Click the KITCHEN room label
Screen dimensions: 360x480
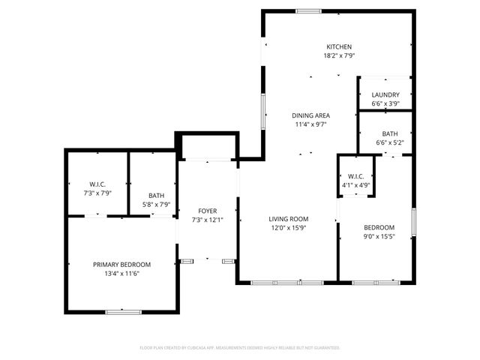coord(338,46)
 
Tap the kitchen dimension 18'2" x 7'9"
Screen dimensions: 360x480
coord(338,55)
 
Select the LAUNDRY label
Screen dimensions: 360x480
coord(385,94)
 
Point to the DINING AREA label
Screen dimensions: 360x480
coord(310,115)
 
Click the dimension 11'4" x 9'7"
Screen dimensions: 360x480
coord(310,124)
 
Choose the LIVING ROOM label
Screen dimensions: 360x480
coord(289,219)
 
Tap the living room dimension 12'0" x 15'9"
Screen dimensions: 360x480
coord(289,228)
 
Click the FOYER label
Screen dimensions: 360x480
coord(207,211)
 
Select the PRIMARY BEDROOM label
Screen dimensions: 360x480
coord(121,264)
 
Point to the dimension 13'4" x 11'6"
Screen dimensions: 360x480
coord(121,273)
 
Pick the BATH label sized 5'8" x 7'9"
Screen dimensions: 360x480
coord(156,195)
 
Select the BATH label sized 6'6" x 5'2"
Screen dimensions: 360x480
coord(389,133)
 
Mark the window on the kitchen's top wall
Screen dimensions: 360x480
coord(304,10)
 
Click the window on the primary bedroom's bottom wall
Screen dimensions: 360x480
coord(124,311)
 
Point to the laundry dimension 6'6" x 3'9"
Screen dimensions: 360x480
coord(385,103)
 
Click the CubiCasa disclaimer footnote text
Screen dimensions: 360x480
coord(240,348)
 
